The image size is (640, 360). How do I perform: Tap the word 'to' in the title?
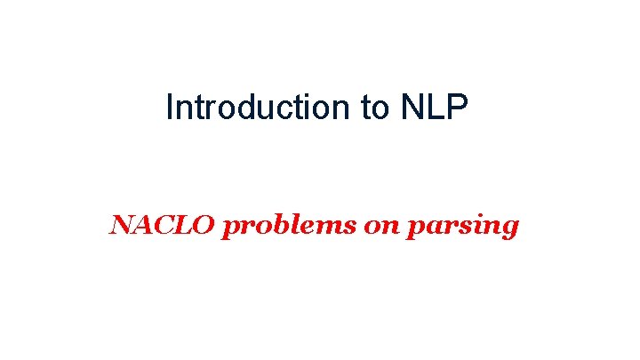[x=374, y=108]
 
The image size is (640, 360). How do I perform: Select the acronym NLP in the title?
[x=435, y=108]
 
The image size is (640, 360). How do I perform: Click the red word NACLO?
[x=162, y=226]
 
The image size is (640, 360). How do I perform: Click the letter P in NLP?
[x=458, y=108]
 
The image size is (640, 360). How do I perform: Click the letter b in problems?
[x=273, y=226]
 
